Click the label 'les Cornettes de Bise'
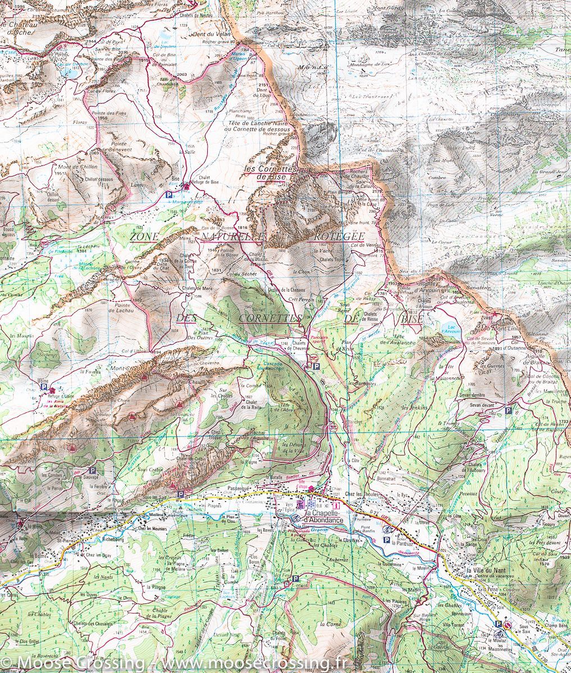[x=271, y=173]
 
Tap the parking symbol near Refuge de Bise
[x=169, y=195]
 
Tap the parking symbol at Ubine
[x=43, y=386]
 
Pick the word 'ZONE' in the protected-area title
[x=144, y=237]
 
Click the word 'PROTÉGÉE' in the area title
[x=336, y=236]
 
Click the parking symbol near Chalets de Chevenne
[x=316, y=366]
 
